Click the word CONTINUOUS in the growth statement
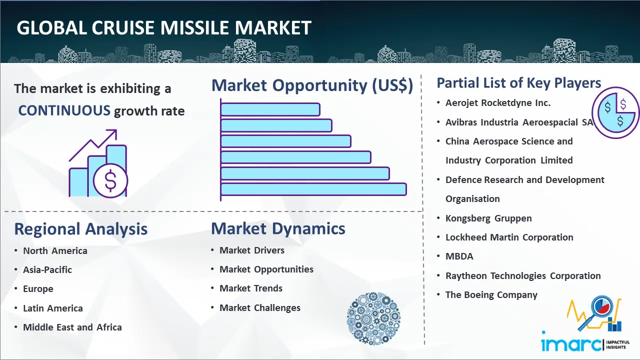(x=64, y=110)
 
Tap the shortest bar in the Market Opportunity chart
(x=270, y=109)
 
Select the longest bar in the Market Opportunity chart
(x=313, y=189)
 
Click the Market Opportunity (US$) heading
(x=312, y=85)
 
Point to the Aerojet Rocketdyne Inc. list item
(x=497, y=103)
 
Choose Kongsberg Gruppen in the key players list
(x=488, y=218)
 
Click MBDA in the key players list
(x=459, y=256)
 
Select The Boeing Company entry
(x=491, y=295)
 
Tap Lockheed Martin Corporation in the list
(x=509, y=237)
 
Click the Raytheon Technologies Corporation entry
(x=523, y=276)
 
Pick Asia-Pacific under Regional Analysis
(x=47, y=269)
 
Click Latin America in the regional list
(x=53, y=308)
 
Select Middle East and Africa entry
(x=72, y=327)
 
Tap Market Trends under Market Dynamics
(x=251, y=288)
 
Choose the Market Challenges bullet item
(x=260, y=307)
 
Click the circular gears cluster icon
(x=373, y=318)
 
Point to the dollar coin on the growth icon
(x=110, y=181)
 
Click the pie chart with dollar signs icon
(x=615, y=113)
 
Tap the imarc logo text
(x=571, y=344)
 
